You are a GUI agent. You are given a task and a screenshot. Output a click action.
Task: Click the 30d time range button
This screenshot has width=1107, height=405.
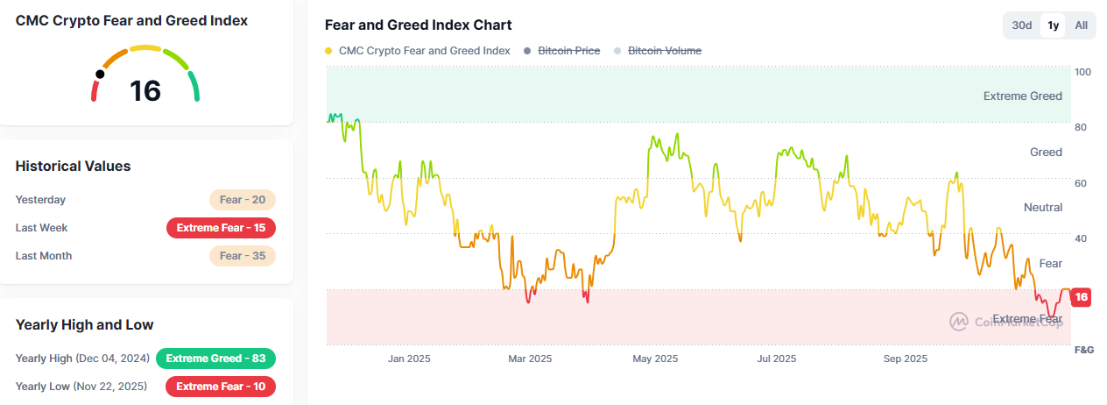(x=1022, y=25)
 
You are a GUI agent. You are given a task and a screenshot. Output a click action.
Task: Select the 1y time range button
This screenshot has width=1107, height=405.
(x=1053, y=25)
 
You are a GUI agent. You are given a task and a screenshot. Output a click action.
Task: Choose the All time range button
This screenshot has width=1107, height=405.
(x=1082, y=25)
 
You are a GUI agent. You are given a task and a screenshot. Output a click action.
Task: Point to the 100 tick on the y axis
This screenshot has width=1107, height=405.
(x=1082, y=72)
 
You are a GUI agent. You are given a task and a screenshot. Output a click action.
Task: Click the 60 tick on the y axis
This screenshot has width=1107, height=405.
(x=1081, y=183)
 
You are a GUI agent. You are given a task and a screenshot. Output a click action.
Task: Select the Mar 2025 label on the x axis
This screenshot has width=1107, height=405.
(x=529, y=359)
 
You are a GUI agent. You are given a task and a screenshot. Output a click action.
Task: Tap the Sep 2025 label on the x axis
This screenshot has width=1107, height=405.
(x=905, y=359)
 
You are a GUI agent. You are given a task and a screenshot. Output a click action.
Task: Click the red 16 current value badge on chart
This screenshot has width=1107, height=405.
(x=1082, y=297)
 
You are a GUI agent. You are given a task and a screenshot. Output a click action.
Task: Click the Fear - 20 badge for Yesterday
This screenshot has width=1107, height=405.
(x=243, y=200)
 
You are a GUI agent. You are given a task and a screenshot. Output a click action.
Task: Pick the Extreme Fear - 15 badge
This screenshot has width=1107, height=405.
(x=221, y=228)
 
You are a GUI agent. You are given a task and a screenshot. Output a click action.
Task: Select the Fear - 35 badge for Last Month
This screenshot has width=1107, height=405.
(x=243, y=256)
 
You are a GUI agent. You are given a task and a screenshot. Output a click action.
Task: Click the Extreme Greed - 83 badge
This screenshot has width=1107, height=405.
(x=215, y=359)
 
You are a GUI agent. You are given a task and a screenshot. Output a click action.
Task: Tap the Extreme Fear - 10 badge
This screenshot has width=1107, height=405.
(x=221, y=387)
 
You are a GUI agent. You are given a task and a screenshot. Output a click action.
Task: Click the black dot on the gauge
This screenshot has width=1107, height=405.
(x=100, y=75)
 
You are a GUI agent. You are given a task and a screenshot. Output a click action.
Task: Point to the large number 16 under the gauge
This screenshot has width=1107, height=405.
(x=145, y=90)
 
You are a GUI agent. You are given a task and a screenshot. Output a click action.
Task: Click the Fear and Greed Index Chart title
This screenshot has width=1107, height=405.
(x=418, y=25)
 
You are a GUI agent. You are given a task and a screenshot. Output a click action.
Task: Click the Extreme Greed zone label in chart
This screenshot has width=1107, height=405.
(x=1022, y=96)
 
